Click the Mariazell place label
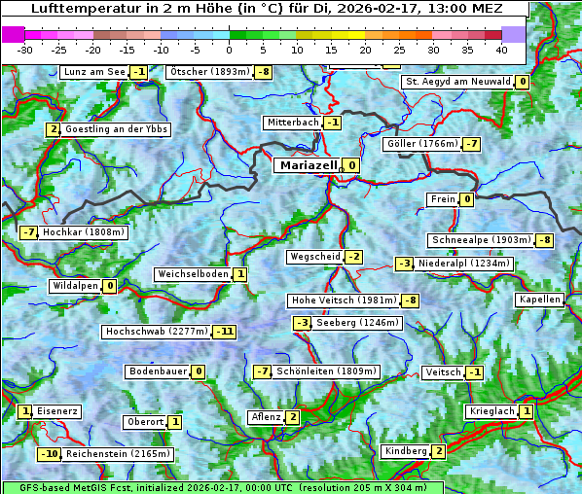(x=308, y=165)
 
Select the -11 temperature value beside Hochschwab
(x=225, y=332)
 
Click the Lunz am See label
(x=94, y=72)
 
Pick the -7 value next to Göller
(x=471, y=144)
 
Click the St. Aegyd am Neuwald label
(x=458, y=82)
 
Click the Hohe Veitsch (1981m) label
(x=345, y=300)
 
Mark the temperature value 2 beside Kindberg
(x=439, y=451)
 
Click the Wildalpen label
(x=75, y=286)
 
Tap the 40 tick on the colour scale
(x=501, y=49)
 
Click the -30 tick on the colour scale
(x=25, y=49)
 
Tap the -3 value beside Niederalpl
(x=405, y=264)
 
